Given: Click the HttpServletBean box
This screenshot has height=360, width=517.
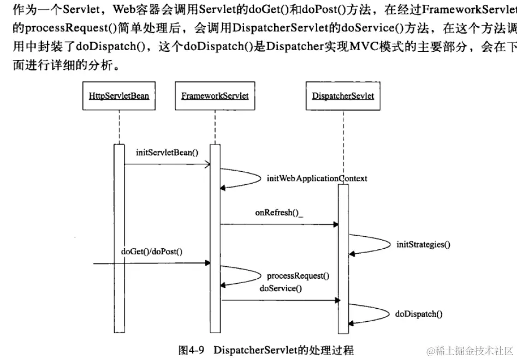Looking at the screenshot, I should tap(118, 96).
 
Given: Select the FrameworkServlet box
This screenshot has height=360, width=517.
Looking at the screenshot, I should tap(215, 96).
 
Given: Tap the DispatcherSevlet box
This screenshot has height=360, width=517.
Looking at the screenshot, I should tap(343, 96).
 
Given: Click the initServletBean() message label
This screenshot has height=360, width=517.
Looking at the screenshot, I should tap(167, 153).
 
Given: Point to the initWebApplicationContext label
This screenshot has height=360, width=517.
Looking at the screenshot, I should tap(317, 178).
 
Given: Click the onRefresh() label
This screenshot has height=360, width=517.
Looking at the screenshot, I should tap(278, 213).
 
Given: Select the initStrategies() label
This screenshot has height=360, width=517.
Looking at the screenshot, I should tap(423, 244).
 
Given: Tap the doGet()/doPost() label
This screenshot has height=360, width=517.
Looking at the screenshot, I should tap(151, 251).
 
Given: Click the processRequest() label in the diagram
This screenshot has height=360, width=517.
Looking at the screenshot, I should tap(298, 276).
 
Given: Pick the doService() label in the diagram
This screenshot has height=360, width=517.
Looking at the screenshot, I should tap(281, 288).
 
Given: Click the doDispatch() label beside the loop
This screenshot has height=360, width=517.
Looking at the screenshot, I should tap(419, 314).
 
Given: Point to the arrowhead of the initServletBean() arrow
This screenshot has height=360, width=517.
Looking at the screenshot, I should tap(208, 163).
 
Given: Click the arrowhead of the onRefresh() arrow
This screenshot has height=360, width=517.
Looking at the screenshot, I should tap(335, 224).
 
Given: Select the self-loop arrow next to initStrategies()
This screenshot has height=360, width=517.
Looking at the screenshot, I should tap(371, 244).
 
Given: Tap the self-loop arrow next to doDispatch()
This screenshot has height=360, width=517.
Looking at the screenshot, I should tap(371, 314).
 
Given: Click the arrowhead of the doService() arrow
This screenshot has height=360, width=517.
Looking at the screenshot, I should tap(335, 299).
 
